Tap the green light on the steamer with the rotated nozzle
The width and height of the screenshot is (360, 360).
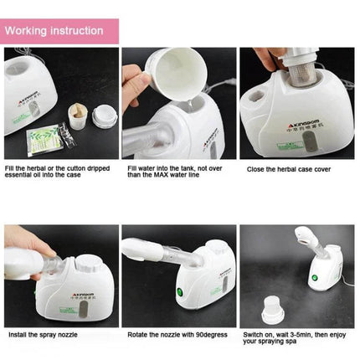pyautogui.click(x=179, y=291)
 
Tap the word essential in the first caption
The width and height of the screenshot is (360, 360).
pyautogui.click(x=18, y=177)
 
